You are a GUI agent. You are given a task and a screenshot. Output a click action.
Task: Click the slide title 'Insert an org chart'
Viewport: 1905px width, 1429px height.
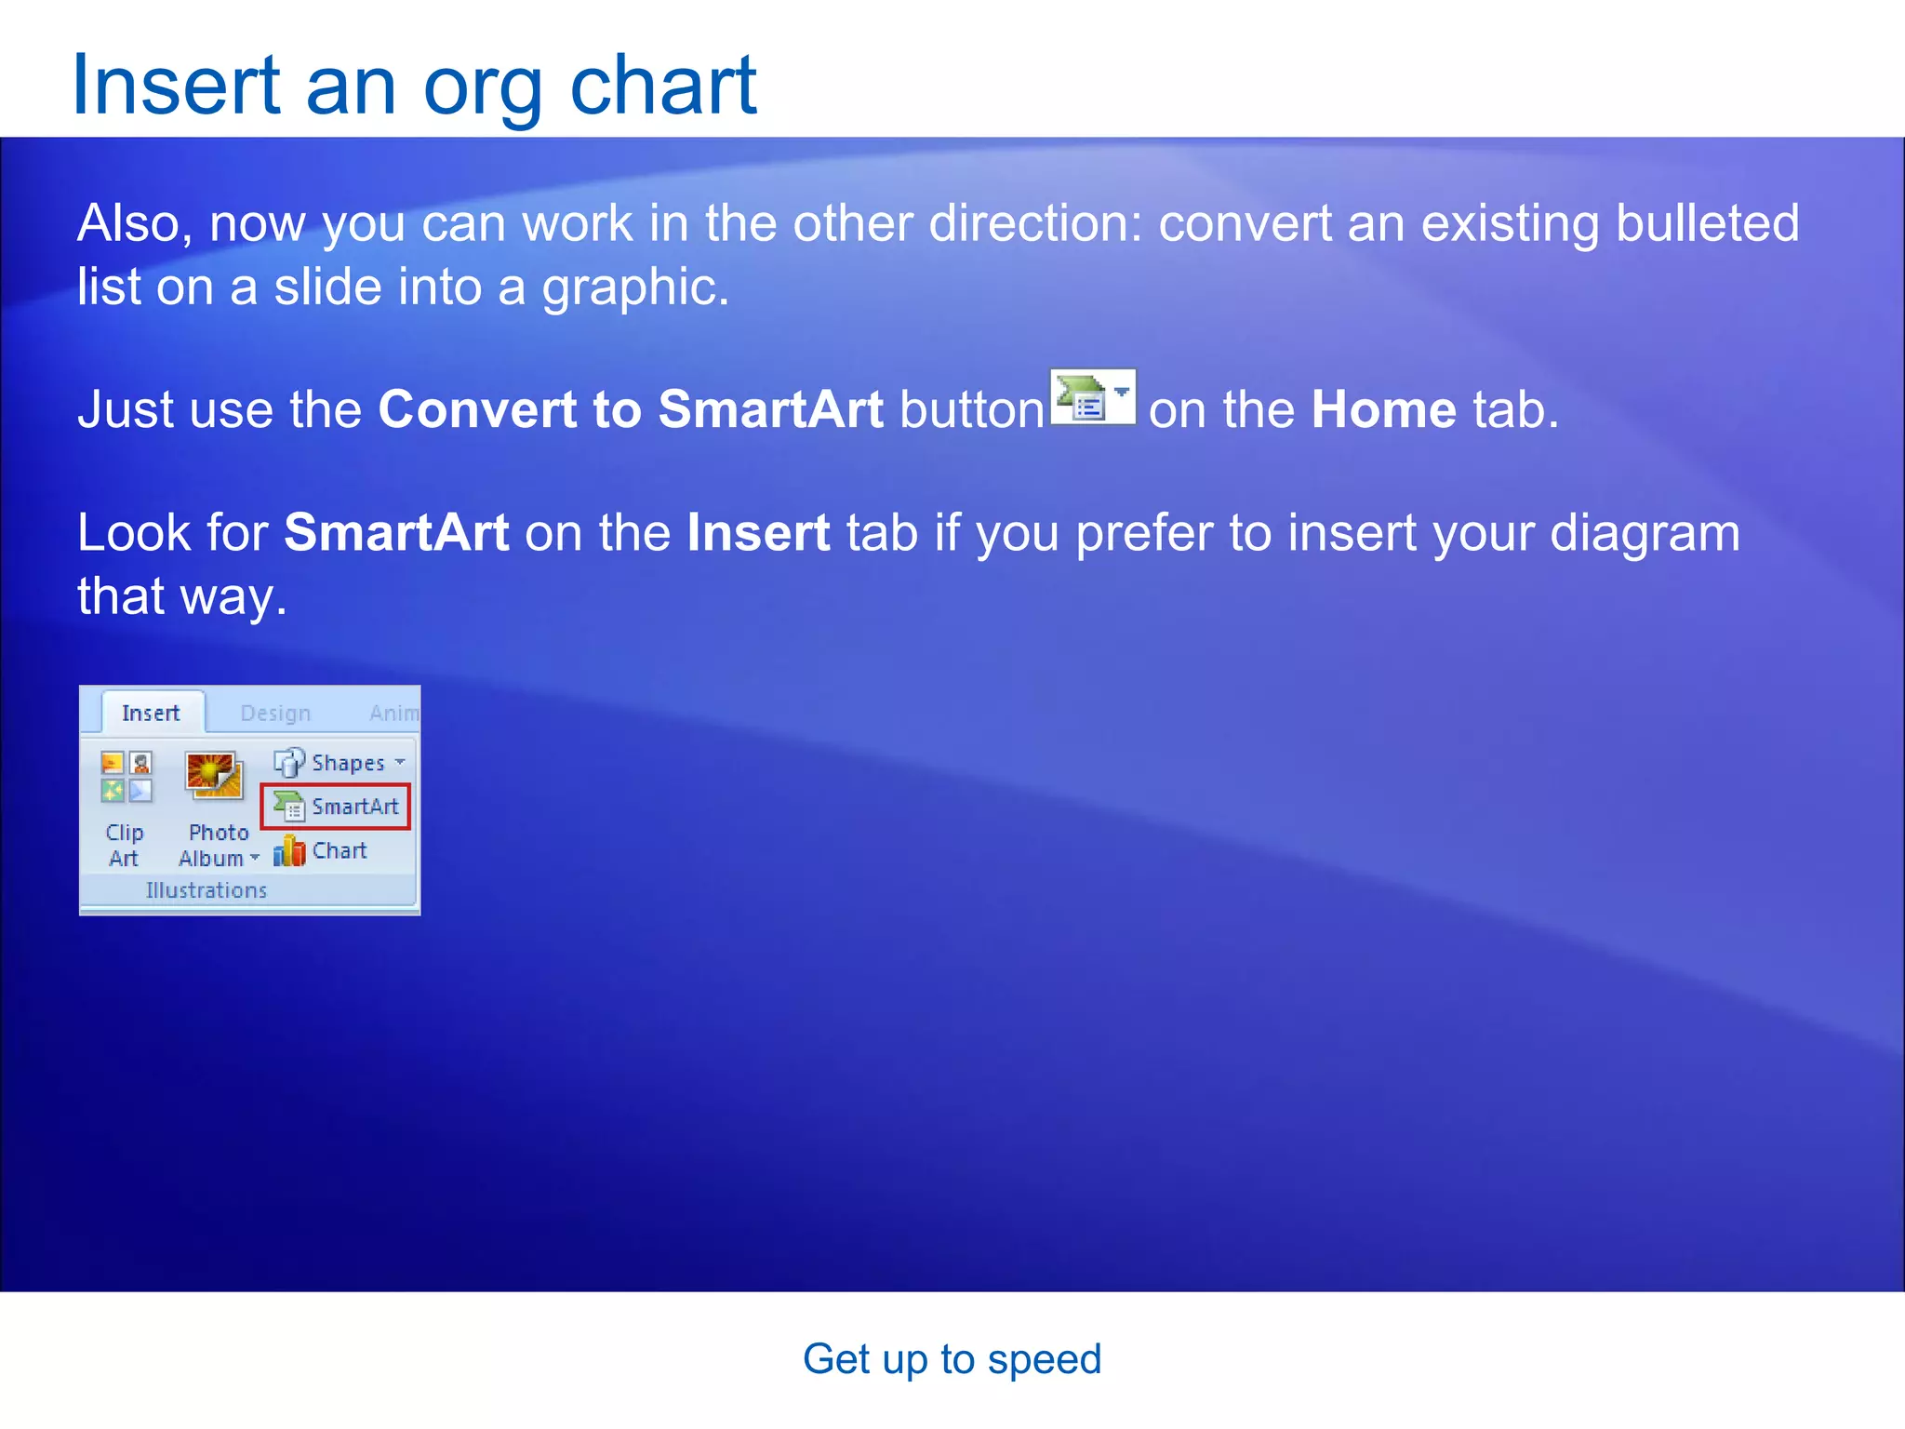[414, 86]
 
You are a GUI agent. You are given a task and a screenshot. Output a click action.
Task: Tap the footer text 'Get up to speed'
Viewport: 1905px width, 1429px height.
[952, 1359]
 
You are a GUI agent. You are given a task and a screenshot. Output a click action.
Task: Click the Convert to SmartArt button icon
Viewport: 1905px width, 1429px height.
[1092, 398]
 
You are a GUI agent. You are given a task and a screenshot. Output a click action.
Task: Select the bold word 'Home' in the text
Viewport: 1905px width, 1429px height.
[1383, 409]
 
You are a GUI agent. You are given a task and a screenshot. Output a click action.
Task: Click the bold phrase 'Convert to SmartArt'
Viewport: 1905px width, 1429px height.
[630, 409]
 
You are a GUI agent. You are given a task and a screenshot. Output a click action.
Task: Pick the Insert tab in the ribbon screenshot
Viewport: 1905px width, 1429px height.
[151, 714]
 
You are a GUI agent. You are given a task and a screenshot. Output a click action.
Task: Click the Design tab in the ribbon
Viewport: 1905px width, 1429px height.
[275, 714]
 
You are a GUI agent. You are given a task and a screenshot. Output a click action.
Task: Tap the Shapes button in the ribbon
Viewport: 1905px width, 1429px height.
[340, 763]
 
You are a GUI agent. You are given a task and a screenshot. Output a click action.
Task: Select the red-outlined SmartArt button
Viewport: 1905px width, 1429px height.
[336, 807]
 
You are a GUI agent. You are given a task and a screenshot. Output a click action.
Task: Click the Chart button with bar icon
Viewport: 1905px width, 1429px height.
[322, 850]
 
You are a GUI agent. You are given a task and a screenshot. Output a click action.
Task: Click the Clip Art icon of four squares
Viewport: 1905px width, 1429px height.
[126, 777]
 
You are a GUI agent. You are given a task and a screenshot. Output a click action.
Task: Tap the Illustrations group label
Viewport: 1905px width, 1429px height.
[206, 890]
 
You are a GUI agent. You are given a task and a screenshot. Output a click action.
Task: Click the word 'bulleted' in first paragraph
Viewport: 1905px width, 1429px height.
[1707, 223]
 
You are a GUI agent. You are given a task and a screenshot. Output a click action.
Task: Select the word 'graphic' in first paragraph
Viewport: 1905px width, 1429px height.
[631, 287]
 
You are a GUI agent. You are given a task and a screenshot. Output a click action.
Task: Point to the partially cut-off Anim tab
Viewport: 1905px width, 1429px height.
[394, 714]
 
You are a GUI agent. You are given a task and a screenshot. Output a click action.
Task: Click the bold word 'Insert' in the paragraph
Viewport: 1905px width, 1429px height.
[758, 533]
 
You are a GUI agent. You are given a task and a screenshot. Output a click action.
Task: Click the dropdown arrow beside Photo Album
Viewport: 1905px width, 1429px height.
[255, 858]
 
